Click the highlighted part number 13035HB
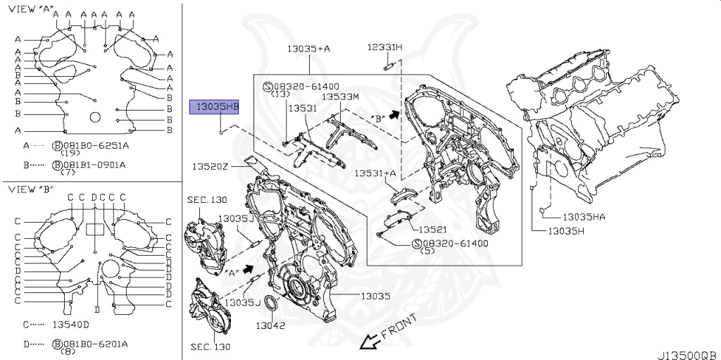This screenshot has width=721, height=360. click(x=217, y=107)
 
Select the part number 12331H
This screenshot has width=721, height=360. click(x=384, y=47)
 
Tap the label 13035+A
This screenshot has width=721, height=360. click(x=308, y=49)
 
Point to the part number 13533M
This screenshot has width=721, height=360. click(x=341, y=97)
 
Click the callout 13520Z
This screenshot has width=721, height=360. click(x=211, y=166)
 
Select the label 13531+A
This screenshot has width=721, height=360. click(x=375, y=173)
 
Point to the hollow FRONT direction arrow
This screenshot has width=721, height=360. click(x=368, y=342)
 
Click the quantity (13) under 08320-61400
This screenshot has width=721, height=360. click(x=280, y=94)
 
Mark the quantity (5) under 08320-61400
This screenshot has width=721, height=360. click(x=427, y=251)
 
